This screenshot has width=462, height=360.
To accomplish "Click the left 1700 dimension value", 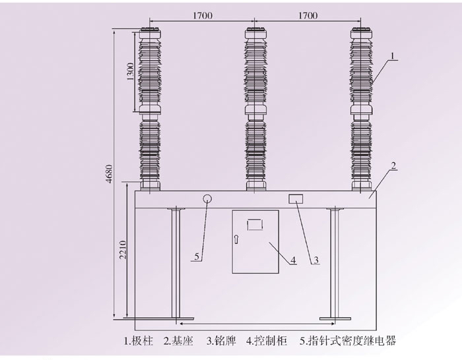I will point(203,15).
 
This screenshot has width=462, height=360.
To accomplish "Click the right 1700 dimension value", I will point(308,15).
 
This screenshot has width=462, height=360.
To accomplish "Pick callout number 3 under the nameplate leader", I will point(315,260).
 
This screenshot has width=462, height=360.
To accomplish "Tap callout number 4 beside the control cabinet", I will point(293,260).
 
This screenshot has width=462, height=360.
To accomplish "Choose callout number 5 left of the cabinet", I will point(196,257).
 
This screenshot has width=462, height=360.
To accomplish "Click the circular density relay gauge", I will point(207,198).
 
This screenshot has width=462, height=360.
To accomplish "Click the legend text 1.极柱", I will point(139,342).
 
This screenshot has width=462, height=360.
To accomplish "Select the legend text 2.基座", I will point(178,342).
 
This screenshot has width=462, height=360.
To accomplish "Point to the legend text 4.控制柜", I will point(265,342).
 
